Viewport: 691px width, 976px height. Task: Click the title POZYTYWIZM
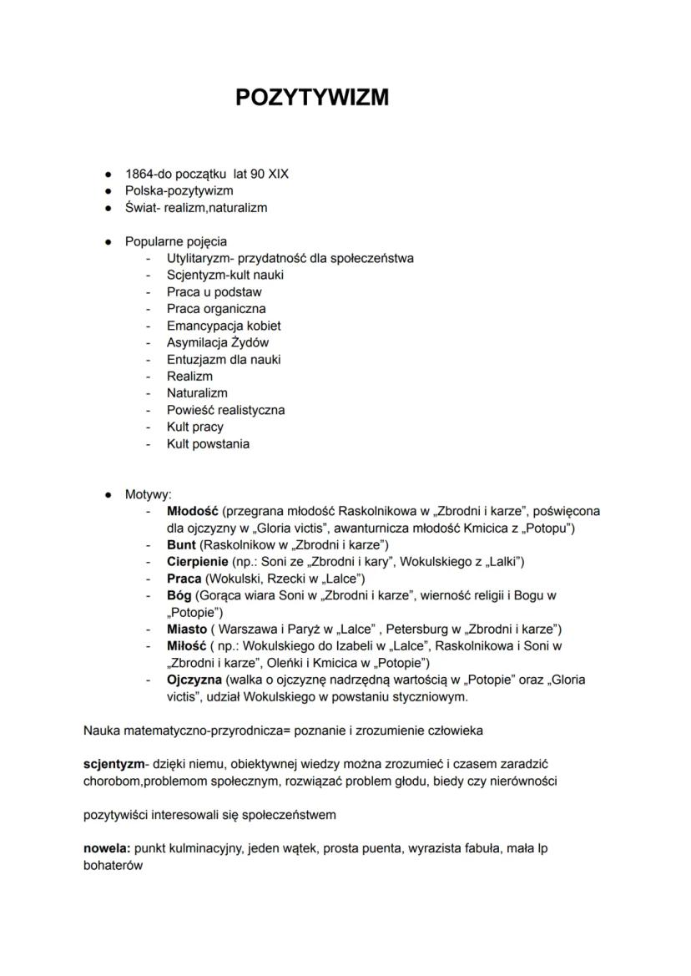(x=312, y=98)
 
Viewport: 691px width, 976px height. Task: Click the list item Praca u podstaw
(x=214, y=291)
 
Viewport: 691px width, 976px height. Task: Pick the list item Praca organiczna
(x=216, y=308)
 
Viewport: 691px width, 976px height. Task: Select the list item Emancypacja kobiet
(x=224, y=326)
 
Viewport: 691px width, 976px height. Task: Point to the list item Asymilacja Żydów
(x=218, y=342)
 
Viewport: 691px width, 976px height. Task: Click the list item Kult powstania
(x=208, y=443)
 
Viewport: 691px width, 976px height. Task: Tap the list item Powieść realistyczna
(x=225, y=410)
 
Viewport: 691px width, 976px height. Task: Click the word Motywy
(x=147, y=494)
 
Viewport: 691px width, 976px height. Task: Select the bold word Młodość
(x=192, y=511)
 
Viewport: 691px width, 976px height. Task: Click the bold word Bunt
(x=181, y=544)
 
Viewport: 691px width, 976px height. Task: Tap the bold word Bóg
(x=179, y=595)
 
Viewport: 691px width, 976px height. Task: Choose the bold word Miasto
(x=186, y=629)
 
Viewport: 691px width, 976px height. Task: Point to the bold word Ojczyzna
(x=195, y=680)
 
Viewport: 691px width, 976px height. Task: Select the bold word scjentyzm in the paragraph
(x=113, y=764)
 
